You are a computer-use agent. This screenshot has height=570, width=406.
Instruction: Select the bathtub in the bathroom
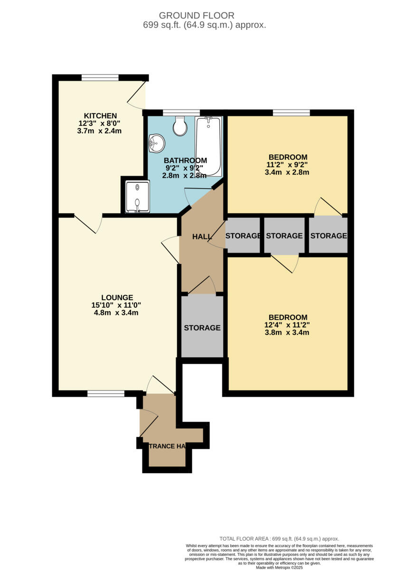click(208, 146)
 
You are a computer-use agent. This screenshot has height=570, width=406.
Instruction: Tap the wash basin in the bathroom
click(156, 142)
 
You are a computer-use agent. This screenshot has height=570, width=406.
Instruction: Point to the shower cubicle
click(137, 196)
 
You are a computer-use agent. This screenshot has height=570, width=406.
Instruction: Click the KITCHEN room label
click(100, 116)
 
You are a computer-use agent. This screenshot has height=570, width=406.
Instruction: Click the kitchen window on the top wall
click(100, 78)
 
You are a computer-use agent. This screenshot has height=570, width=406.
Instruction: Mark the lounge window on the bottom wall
click(105, 393)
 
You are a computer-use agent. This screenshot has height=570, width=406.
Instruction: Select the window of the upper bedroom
click(291, 113)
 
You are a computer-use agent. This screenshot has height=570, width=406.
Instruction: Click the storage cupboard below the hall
click(202, 327)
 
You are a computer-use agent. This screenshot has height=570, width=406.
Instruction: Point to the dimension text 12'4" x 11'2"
click(288, 325)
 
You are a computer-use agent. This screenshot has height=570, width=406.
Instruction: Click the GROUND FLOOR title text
click(203, 16)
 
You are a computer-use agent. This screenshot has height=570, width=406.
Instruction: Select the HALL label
click(202, 237)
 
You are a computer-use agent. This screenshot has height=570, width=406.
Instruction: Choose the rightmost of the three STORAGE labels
click(329, 236)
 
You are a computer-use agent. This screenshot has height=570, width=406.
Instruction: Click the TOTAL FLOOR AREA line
click(279, 539)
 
